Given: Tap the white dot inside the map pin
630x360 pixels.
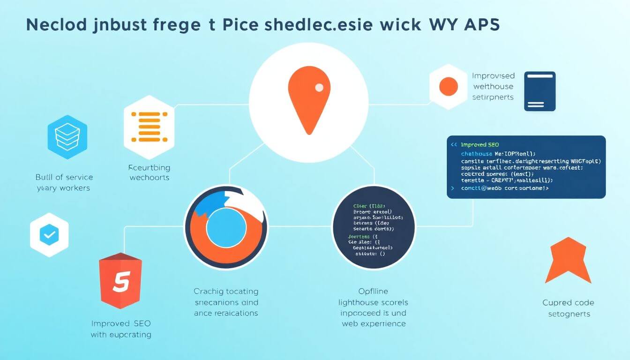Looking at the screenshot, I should [319, 87].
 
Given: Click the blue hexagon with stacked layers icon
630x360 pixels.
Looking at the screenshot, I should [67, 135].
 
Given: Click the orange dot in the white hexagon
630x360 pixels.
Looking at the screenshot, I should [448, 87].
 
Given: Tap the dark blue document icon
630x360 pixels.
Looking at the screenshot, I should [540, 91].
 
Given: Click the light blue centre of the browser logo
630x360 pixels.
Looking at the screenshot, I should [226, 227].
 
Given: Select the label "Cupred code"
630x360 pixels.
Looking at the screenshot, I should [568, 303].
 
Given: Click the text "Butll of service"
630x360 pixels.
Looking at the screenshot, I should [64, 177].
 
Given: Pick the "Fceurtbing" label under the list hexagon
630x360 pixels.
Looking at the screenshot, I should [149, 167].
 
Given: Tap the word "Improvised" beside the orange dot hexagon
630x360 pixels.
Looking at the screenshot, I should [493, 75].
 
